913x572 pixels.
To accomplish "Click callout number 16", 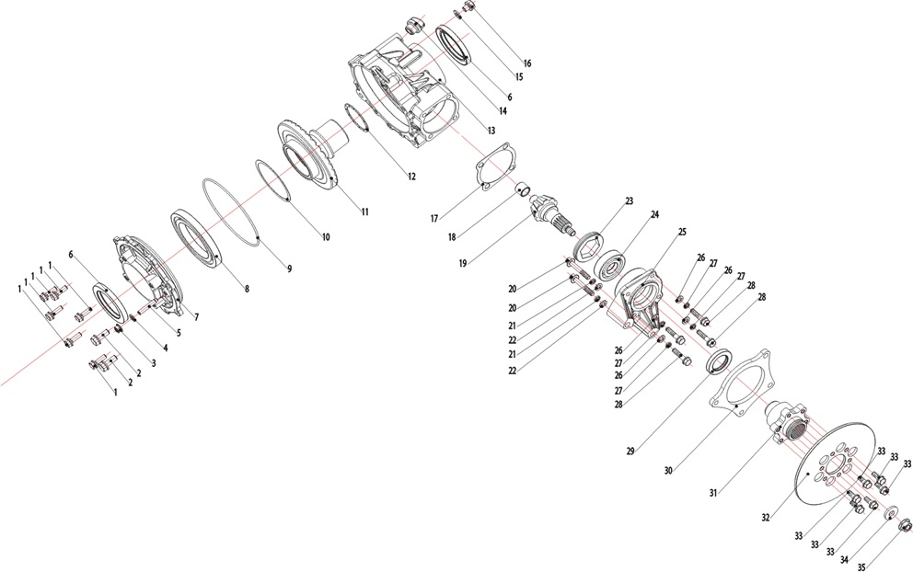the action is pyautogui.click(x=527, y=63).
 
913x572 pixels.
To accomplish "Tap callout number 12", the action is pyautogui.click(x=411, y=177).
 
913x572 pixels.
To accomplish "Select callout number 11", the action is pyautogui.click(x=364, y=212).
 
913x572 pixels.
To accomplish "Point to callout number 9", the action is pyautogui.click(x=289, y=269).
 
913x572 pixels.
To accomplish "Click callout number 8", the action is pyautogui.click(x=247, y=288).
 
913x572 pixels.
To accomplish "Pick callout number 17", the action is pyautogui.click(x=434, y=219).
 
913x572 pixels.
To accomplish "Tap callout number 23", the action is pyautogui.click(x=629, y=201).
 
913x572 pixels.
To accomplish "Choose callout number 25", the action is pyautogui.click(x=682, y=232).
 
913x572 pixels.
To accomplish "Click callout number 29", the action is pyautogui.click(x=630, y=451).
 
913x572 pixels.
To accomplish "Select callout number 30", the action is pyautogui.click(x=668, y=470).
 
